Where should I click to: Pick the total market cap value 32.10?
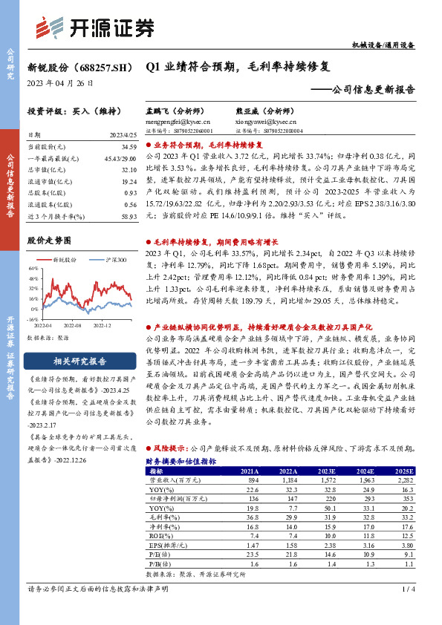pos(129,170)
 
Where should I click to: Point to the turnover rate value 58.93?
pos(129,215)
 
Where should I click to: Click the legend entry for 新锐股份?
pos(61,260)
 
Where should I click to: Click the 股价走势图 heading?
pos(48,240)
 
